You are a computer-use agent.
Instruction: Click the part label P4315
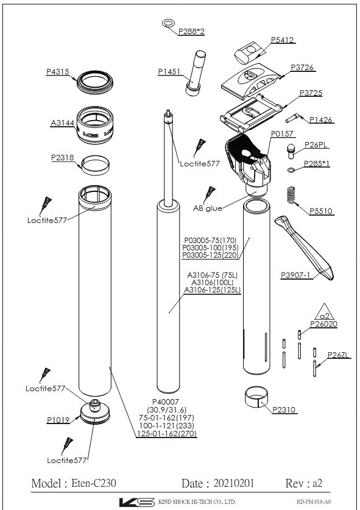(57, 71)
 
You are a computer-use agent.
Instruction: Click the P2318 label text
(63, 158)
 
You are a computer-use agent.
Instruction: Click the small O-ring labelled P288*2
(168, 23)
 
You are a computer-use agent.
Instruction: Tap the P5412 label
(282, 40)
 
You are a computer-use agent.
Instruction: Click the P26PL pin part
(291, 151)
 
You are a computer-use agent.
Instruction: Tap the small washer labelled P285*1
(291, 169)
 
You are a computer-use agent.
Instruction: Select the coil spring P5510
(292, 196)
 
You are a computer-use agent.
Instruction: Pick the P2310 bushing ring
(258, 397)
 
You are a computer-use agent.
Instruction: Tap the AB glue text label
(208, 208)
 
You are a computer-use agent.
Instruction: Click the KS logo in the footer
(136, 502)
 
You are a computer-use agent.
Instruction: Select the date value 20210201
(234, 483)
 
